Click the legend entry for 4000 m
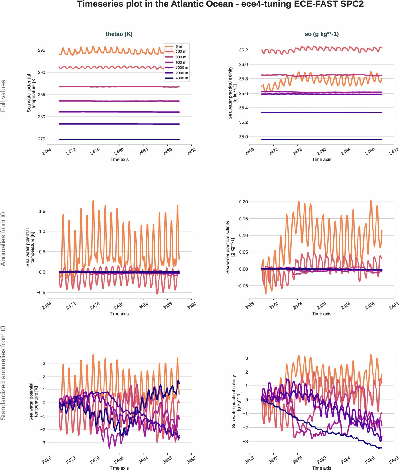coord(182,78)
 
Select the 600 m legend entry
coord(181,62)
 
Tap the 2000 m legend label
coord(182,73)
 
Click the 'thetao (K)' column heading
coord(119,34)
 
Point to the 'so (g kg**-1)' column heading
coord(322,34)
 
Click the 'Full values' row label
coord(3,96)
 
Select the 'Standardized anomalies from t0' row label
coord(3,373)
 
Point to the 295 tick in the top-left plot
coord(41,50)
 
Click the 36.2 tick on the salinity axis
coord(243,50)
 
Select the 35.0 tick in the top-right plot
coord(243,137)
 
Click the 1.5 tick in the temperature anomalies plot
coord(42,211)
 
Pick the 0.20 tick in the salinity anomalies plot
coord(243,202)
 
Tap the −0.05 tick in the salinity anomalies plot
coord(242,286)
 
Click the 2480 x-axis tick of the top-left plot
coord(119,151)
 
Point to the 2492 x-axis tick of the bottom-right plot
coord(394,460)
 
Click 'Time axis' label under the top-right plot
coord(322,159)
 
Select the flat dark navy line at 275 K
coord(119,140)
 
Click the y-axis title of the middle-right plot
coord(230,247)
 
